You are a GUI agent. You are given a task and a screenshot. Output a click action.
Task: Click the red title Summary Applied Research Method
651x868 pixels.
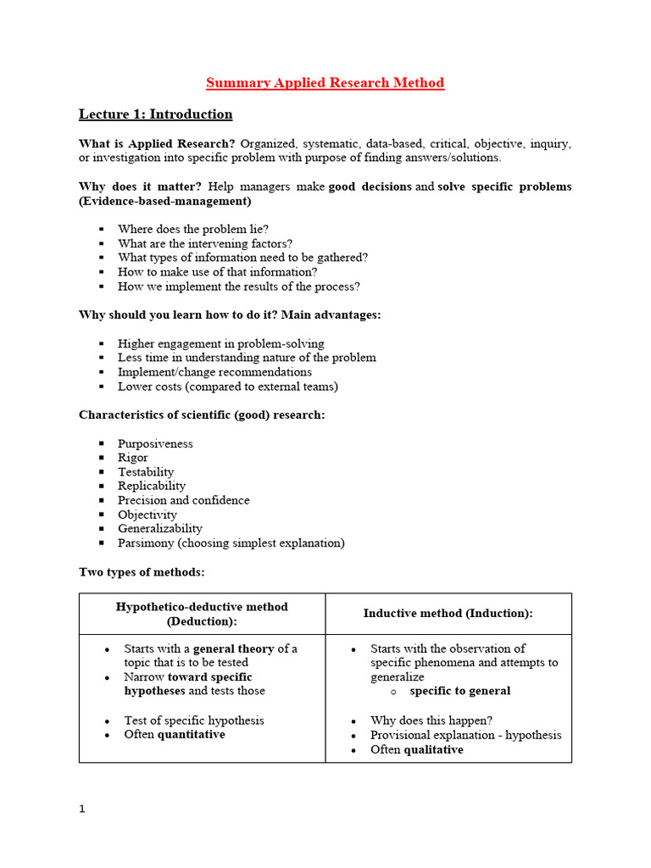click(325, 82)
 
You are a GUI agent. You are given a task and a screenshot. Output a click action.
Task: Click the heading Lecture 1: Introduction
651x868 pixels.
click(155, 114)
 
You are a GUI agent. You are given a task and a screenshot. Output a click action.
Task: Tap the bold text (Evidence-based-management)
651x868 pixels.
click(164, 201)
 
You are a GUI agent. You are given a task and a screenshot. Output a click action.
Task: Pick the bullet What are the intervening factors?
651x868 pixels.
click(204, 243)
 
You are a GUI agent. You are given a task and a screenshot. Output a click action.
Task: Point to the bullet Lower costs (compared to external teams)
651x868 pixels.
click(227, 387)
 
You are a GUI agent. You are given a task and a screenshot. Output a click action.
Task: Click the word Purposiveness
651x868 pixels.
click(155, 443)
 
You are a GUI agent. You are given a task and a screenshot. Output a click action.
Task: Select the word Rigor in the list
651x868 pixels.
click(133, 458)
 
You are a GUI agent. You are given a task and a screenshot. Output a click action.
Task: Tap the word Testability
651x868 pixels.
click(146, 472)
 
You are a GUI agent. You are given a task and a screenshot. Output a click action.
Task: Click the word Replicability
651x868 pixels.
click(152, 486)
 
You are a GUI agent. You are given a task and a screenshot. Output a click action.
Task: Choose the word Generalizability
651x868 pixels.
click(160, 528)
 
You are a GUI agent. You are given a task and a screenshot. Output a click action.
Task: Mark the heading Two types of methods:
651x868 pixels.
click(142, 572)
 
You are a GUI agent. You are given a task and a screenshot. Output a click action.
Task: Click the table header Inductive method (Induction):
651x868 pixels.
click(448, 614)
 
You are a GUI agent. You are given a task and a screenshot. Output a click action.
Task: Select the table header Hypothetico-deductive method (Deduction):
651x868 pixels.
click(202, 614)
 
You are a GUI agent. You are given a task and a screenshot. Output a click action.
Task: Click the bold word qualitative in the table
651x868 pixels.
click(433, 750)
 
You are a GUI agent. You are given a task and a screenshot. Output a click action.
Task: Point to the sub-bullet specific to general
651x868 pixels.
click(459, 691)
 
